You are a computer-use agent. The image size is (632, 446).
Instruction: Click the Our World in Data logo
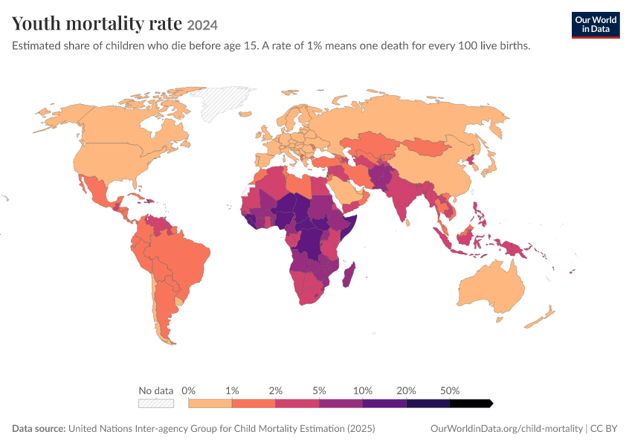click(596, 25)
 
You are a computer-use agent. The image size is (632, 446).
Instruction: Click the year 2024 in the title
click(202, 25)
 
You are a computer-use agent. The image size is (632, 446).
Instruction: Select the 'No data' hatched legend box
click(156, 404)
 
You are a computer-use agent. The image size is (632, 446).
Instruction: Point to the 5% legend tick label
click(319, 390)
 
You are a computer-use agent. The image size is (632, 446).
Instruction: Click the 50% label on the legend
click(450, 390)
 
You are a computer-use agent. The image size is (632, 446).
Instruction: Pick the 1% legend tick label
click(232, 390)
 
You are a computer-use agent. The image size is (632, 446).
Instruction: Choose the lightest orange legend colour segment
click(210, 404)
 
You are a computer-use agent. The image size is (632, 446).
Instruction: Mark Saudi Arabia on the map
click(347, 190)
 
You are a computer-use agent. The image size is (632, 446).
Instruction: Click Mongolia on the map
click(425, 148)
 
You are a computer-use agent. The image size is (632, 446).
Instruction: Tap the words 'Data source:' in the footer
click(39, 428)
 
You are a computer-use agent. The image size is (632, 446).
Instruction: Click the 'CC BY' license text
click(604, 428)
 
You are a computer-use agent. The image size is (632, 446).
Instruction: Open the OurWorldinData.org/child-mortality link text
click(506, 428)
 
